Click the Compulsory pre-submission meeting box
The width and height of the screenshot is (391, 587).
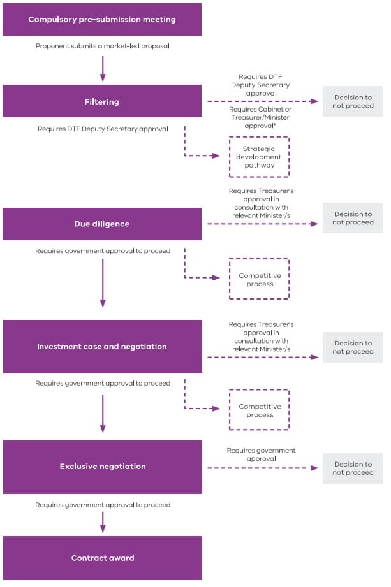(102, 19)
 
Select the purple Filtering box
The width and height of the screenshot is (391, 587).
(102, 101)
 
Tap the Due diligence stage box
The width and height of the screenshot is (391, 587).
(102, 224)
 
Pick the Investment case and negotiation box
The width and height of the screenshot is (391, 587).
(102, 347)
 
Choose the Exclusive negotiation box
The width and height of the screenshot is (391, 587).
(102, 467)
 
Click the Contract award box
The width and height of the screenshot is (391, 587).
(102, 558)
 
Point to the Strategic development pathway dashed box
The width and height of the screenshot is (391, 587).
(258, 157)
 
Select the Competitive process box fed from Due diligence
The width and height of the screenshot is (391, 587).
(259, 279)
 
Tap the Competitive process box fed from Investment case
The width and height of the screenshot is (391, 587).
(259, 410)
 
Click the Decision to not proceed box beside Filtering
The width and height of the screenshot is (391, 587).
(352, 101)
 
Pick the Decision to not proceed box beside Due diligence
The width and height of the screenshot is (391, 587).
(352, 218)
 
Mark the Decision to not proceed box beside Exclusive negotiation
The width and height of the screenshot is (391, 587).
(352, 468)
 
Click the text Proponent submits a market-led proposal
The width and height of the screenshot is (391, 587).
(102, 47)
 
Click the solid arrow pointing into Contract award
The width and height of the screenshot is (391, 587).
(103, 521)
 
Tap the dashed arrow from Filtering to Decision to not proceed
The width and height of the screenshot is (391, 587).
(262, 101)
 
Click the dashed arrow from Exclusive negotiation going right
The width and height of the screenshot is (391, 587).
(262, 468)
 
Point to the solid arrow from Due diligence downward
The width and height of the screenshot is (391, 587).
(103, 281)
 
